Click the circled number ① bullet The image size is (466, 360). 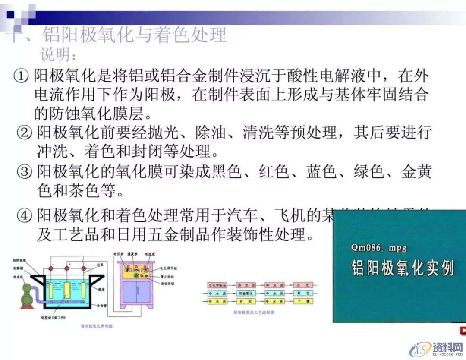22,77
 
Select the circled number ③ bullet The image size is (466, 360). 25,172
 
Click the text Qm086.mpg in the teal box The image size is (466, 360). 379,248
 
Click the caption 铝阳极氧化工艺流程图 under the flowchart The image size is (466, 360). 254,312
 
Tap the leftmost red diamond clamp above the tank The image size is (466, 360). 50,269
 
